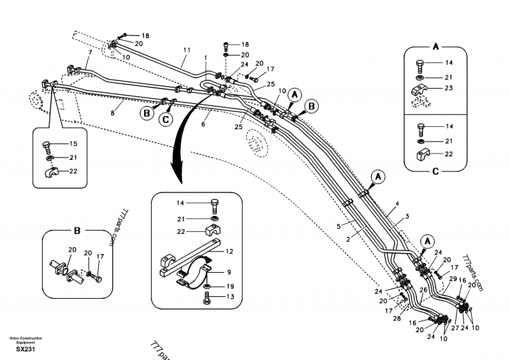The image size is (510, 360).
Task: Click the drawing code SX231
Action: coord(25,349)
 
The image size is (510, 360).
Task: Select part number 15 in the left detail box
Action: coord(73,144)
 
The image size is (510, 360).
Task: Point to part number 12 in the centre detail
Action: coord(229,252)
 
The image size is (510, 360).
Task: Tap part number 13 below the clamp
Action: coord(230,296)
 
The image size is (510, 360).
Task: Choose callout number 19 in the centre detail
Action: coord(230,286)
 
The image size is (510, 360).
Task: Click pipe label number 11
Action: coord(187,50)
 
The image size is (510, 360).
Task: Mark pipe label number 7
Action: coord(90,53)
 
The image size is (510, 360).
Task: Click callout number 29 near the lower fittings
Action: coord(453,279)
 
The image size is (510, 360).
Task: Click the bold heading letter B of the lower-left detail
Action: coord(76,231)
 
